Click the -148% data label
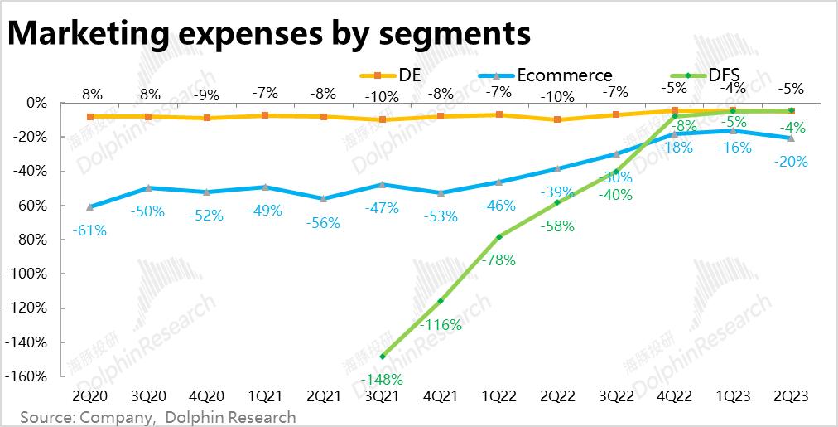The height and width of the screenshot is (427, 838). click(x=383, y=380)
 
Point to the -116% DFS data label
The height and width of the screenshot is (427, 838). click(x=440, y=325)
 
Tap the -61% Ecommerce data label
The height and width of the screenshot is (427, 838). click(x=89, y=230)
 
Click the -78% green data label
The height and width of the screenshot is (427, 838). click(x=498, y=260)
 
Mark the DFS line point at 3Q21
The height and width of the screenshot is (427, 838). click(x=383, y=357)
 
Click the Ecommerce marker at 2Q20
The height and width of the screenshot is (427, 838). click(x=89, y=206)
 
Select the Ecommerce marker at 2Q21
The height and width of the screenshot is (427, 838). click(x=324, y=199)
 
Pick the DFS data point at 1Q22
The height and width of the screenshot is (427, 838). click(x=499, y=237)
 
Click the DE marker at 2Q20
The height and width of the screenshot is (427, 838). click(x=89, y=117)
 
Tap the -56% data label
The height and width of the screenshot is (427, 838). click(x=323, y=223)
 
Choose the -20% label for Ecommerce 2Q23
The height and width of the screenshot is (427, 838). click(x=790, y=163)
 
